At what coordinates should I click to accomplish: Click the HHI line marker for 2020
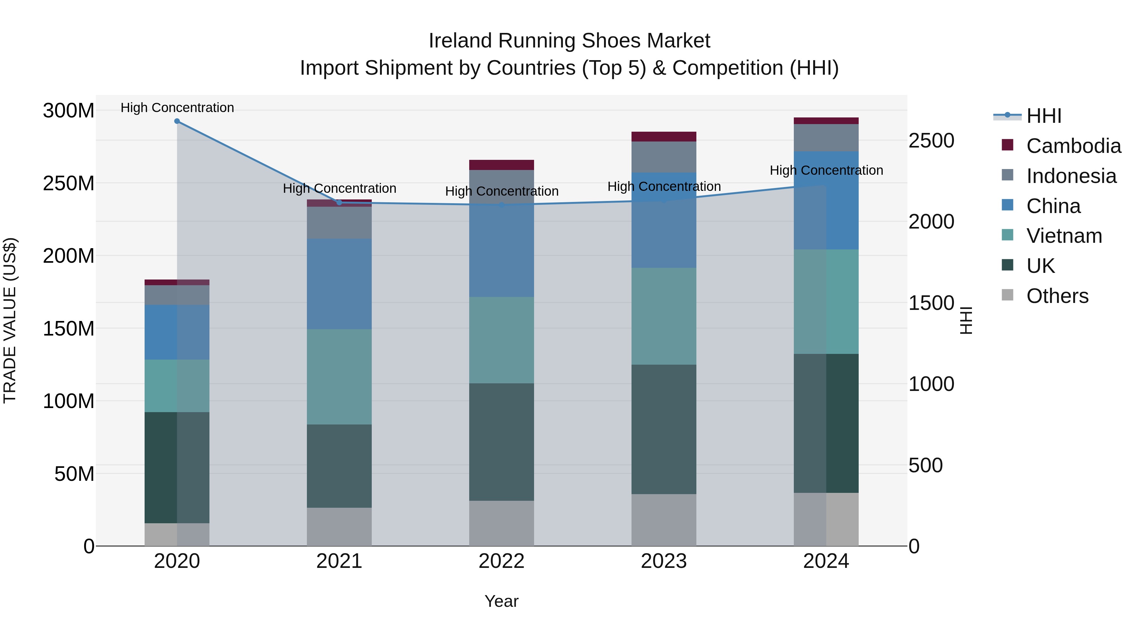[x=177, y=121]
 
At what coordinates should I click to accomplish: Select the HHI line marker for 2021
[x=339, y=203]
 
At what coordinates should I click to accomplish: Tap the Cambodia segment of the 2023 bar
[x=664, y=137]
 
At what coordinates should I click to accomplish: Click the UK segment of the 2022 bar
[x=501, y=442]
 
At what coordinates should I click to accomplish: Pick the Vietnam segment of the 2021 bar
[x=339, y=377]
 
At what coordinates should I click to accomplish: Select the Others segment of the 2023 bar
[x=664, y=520]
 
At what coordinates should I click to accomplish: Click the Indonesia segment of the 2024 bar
[x=826, y=138]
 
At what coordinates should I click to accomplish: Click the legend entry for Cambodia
[x=1073, y=146]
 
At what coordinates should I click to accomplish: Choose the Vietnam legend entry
[x=1064, y=236]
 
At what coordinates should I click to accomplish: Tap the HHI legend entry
[x=1043, y=116]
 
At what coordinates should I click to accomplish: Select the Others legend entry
[x=1057, y=296]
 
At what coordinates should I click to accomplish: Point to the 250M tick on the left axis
[x=69, y=183]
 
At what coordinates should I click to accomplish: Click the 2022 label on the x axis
[x=501, y=561]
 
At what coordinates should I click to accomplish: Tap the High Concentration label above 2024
[x=826, y=170]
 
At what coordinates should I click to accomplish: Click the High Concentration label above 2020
[x=177, y=108]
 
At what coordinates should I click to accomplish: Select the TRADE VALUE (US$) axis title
[x=10, y=320]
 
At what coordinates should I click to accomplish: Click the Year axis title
[x=501, y=601]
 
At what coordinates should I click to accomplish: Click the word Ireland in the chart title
[x=460, y=41]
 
